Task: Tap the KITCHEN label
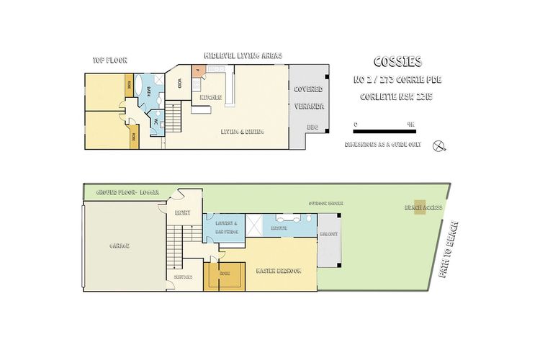tap(210, 97)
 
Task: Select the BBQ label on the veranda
tap(312, 127)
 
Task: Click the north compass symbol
tap(438, 145)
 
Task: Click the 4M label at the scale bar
tap(410, 123)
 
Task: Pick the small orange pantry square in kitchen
tap(198, 70)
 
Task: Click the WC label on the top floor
tap(155, 122)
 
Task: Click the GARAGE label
tap(119, 246)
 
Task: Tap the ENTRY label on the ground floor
tap(181, 212)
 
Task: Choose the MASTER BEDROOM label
tap(278, 271)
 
